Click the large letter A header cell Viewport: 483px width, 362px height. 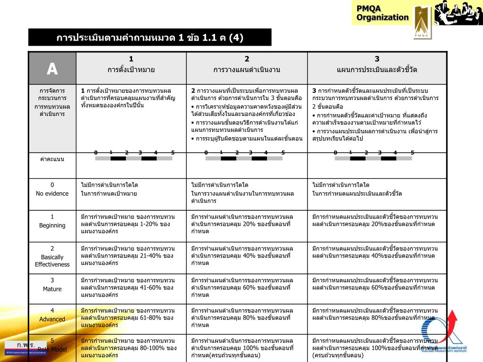[x=52, y=69]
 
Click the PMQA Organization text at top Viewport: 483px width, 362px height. [x=382, y=13]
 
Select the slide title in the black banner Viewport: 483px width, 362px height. [x=150, y=38]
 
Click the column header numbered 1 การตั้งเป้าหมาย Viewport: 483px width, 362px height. [x=131, y=65]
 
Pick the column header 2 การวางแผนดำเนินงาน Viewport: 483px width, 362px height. [x=247, y=65]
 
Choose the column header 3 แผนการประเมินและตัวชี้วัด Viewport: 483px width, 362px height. [x=377, y=65]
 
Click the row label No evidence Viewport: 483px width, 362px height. [x=52, y=189]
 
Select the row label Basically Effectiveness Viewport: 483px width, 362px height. [x=52, y=256]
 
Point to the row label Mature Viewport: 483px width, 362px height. [x=52, y=285]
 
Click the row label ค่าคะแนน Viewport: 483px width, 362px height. [x=52, y=159]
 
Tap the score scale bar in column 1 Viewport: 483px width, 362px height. [x=134, y=158]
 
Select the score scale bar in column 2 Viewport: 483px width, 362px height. [x=244, y=158]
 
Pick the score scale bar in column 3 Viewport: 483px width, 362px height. [x=373, y=158]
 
